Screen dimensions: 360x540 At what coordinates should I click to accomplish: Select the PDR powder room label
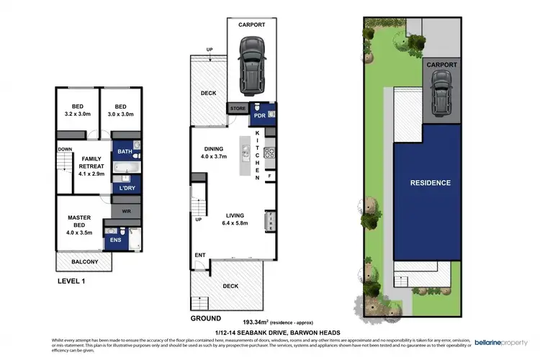[258, 114]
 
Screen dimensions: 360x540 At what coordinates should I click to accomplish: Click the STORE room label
[237, 109]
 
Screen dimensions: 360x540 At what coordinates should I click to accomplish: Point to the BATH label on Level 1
[125, 152]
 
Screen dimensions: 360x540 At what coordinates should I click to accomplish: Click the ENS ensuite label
[115, 240]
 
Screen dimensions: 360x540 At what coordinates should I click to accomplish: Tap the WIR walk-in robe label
[127, 212]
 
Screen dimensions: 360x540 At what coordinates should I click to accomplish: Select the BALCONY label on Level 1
[84, 261]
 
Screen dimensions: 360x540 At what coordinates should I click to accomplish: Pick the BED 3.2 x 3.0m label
[77, 109]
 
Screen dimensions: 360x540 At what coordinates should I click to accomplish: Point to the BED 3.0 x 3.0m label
[120, 109]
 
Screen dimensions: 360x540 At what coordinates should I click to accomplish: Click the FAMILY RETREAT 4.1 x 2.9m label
[91, 166]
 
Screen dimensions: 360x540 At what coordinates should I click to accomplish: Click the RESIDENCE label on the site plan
[431, 183]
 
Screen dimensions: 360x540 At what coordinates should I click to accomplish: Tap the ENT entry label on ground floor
[199, 255]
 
